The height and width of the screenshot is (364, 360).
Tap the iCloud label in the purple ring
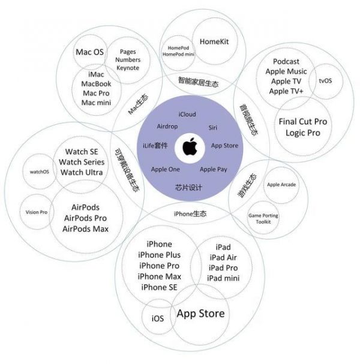(x=187, y=114)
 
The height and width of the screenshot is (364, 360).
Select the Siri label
(x=212, y=128)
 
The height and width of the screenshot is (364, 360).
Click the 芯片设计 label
(x=188, y=187)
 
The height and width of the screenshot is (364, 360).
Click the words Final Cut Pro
(x=303, y=122)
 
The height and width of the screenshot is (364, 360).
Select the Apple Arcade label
(x=281, y=185)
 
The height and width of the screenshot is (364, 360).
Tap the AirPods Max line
(x=86, y=228)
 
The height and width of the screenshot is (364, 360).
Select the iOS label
(x=158, y=318)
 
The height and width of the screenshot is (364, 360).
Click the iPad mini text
(x=224, y=278)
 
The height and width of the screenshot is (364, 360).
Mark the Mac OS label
(x=89, y=52)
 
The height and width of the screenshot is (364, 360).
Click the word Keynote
(x=127, y=68)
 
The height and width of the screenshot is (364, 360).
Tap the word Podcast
(x=287, y=62)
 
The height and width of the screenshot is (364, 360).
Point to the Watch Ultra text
(x=82, y=173)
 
